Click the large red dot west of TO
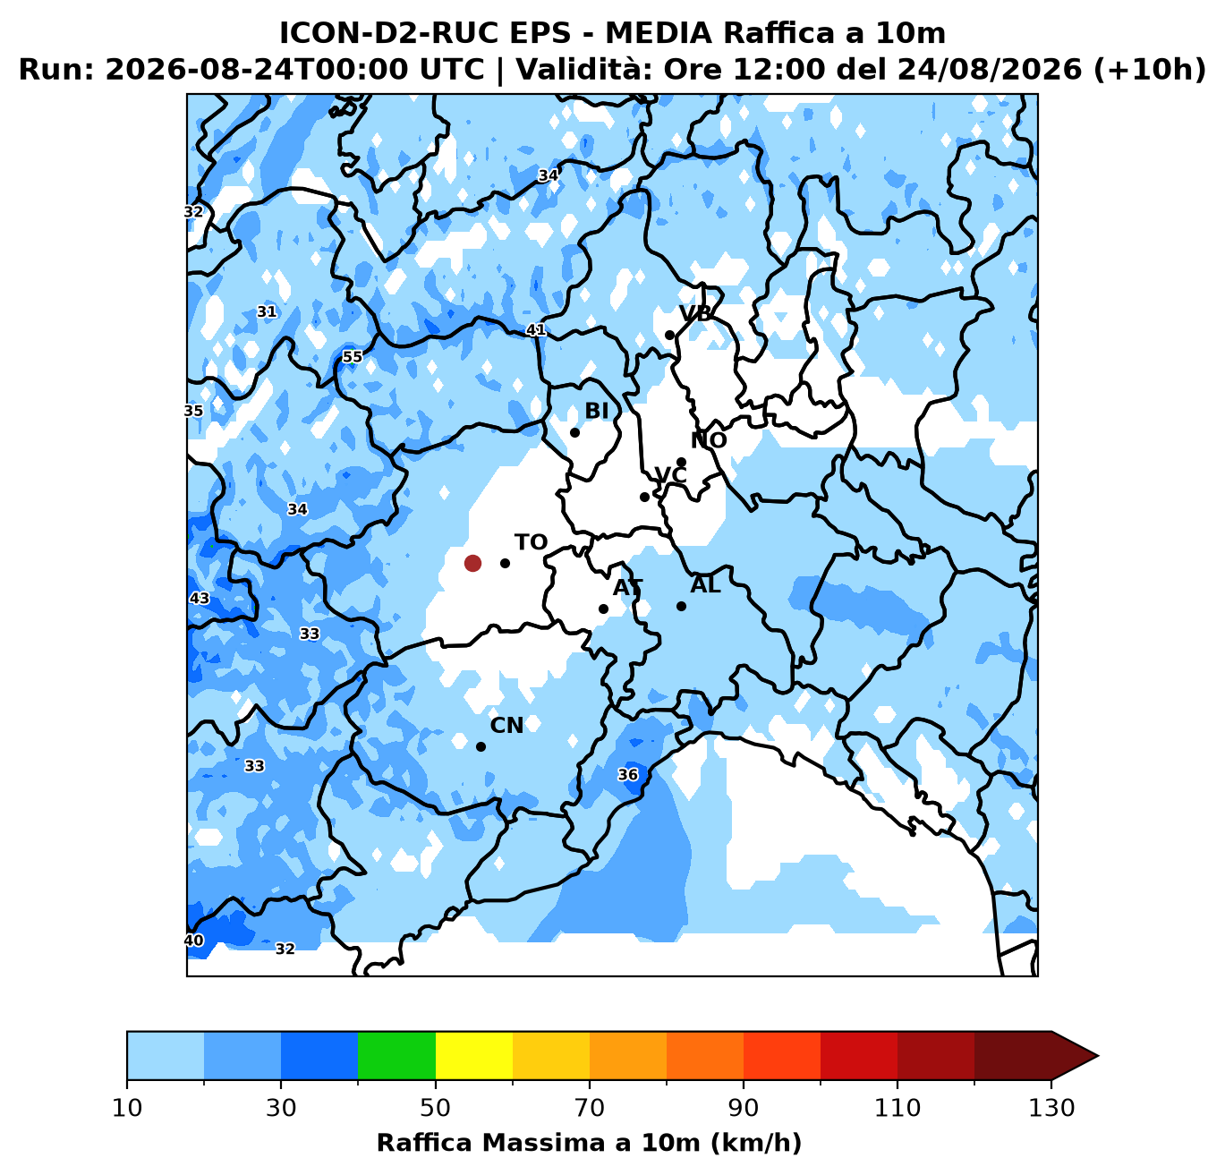click(x=472, y=563)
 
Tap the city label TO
click(x=531, y=542)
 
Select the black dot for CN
click(x=481, y=746)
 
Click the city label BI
click(x=597, y=411)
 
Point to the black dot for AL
click(x=681, y=606)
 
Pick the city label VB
click(x=695, y=313)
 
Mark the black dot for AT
click(x=603, y=609)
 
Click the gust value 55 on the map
click(x=352, y=357)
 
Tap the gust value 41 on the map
click(x=536, y=329)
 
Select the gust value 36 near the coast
click(x=627, y=774)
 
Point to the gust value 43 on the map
click(x=200, y=598)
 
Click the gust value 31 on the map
click(x=267, y=311)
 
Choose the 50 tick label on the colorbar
click(x=435, y=1108)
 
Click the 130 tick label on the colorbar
click(x=1051, y=1108)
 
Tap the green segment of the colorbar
click(x=396, y=1056)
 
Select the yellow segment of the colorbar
click(x=474, y=1056)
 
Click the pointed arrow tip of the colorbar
click(x=1099, y=1056)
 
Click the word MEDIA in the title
click(x=659, y=33)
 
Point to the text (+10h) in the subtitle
click(x=1149, y=69)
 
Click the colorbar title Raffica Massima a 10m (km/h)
click(x=589, y=1142)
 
